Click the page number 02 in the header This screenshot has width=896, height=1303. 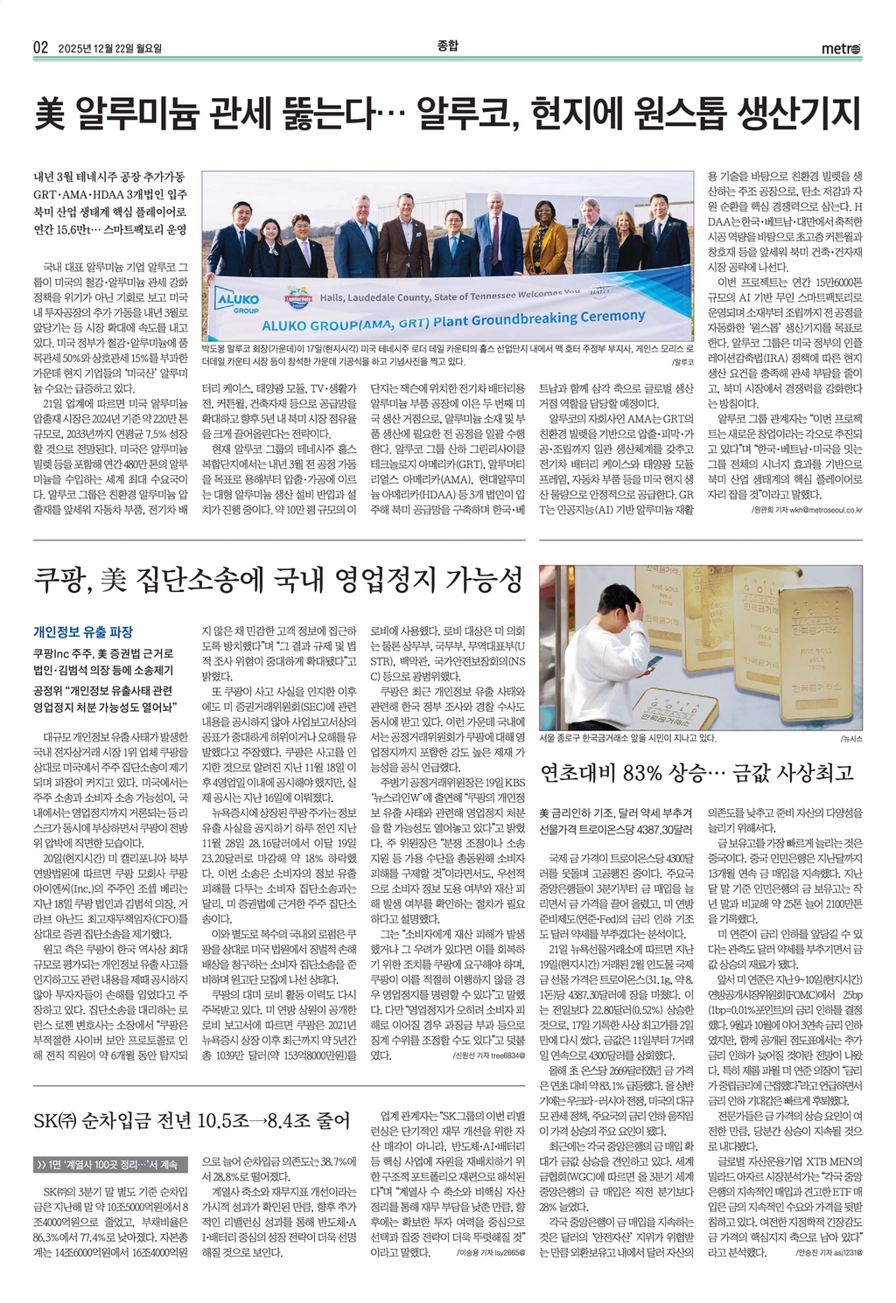click(x=41, y=48)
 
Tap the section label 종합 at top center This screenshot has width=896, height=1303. click(x=447, y=45)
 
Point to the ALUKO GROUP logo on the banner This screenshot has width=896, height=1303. click(x=237, y=303)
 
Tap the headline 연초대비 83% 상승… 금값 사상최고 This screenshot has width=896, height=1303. click(x=696, y=772)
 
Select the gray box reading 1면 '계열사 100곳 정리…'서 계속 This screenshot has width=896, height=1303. click(x=108, y=1164)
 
